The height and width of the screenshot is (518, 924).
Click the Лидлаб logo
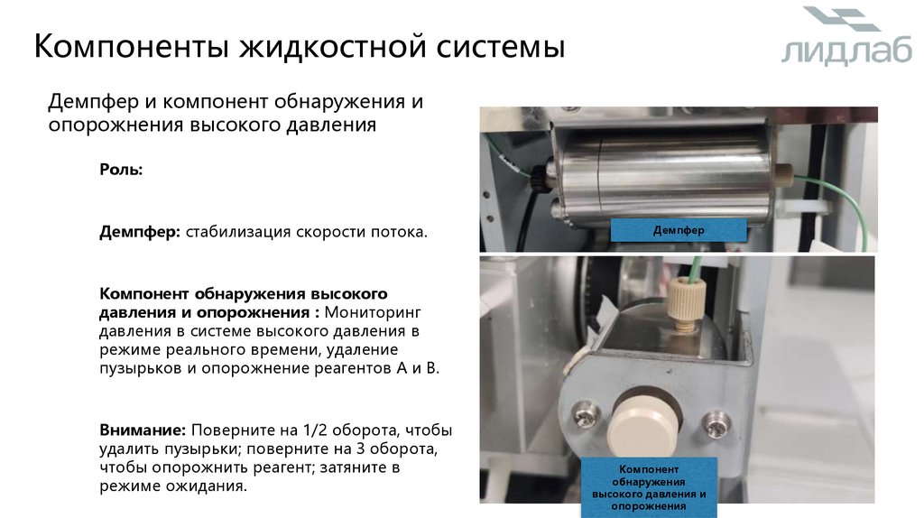click(845, 35)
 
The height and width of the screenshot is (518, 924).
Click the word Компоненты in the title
click(131, 47)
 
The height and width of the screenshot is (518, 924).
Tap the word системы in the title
click(501, 47)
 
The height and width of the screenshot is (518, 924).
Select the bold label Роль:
click(121, 170)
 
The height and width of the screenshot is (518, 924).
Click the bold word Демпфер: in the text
click(140, 232)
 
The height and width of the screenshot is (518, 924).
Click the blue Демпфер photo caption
click(679, 230)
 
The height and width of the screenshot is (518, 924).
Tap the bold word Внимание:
click(143, 430)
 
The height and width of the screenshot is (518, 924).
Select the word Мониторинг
click(373, 312)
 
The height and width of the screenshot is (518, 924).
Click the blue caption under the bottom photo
click(649, 487)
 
